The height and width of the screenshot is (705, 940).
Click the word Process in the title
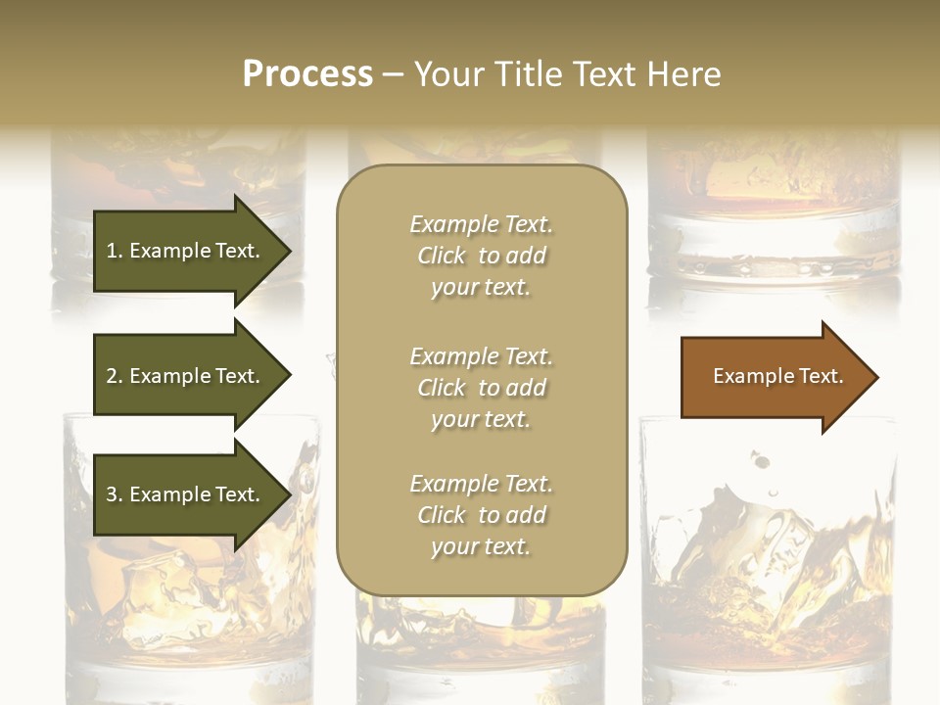click(307, 74)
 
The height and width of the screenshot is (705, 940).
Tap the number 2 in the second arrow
click(112, 376)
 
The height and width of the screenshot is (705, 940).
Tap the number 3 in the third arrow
click(112, 494)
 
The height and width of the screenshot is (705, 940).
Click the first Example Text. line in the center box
click(481, 224)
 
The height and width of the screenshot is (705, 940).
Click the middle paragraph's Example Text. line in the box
click(481, 356)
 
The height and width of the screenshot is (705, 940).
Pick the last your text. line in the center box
click(481, 546)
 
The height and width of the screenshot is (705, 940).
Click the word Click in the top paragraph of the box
click(441, 256)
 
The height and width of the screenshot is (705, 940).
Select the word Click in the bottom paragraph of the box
click(441, 515)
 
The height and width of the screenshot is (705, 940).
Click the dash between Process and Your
click(393, 75)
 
